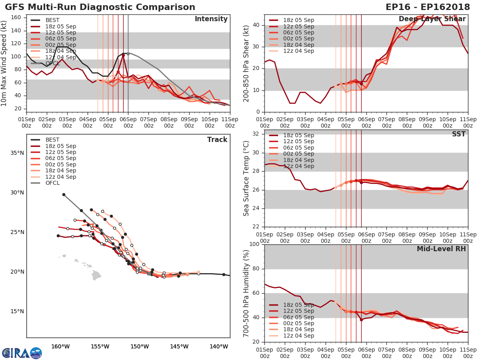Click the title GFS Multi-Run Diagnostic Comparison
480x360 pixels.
(x=100, y=7)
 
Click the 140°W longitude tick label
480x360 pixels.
(x=219, y=346)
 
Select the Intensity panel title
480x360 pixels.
(x=211, y=19)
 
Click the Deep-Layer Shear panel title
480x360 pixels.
(x=432, y=19)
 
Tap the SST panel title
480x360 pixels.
(x=458, y=134)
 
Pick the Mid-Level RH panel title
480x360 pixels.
(x=441, y=249)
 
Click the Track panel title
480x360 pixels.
(x=217, y=140)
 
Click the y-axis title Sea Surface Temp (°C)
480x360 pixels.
(x=246, y=178)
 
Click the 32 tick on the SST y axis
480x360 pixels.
(x=257, y=134)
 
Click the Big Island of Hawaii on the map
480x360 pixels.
(x=96, y=275)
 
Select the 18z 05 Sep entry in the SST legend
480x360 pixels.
(x=298, y=135)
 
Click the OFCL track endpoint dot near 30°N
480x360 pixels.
(x=64, y=194)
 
